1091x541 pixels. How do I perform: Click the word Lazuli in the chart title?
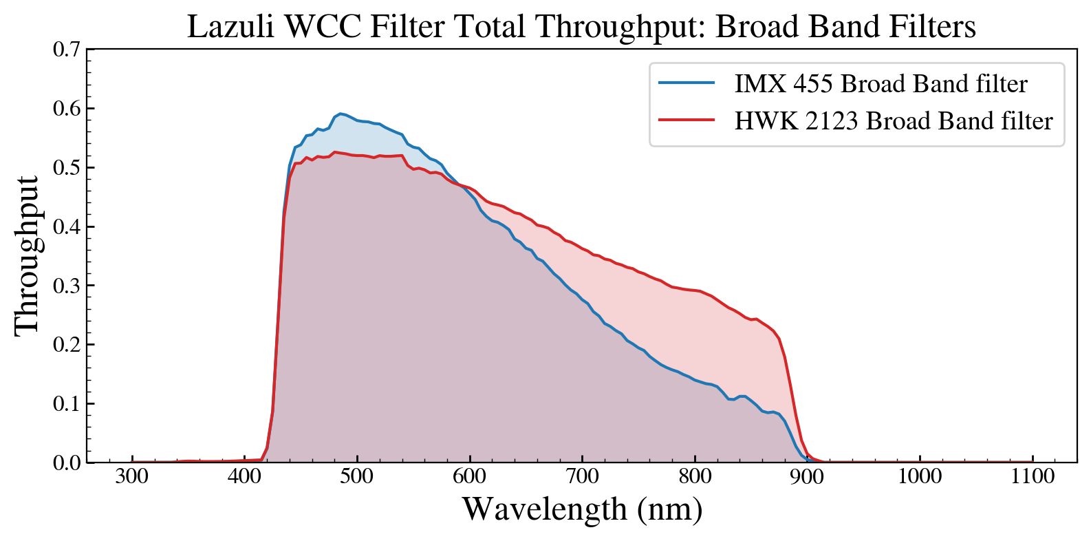[230, 28]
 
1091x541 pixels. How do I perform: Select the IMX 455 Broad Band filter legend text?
[881, 84]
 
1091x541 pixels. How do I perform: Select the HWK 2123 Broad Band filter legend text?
[893, 121]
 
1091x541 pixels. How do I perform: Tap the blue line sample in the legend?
[686, 83]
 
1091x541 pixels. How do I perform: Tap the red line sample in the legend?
[686, 120]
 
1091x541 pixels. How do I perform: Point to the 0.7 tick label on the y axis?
[67, 50]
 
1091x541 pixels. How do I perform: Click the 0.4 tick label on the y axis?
[67, 226]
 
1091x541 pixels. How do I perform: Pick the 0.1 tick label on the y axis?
[67, 403]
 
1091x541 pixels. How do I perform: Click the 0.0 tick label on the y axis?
[67, 463]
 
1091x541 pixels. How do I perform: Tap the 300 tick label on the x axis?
[131, 476]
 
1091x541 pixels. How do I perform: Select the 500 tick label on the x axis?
[356, 476]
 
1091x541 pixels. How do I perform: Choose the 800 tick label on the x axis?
[695, 476]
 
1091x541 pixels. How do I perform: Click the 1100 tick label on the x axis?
[1033, 476]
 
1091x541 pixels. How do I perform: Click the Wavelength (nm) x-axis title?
[582, 510]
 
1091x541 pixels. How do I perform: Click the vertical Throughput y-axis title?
[28, 255]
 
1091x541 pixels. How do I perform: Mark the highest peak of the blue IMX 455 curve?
[340, 114]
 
